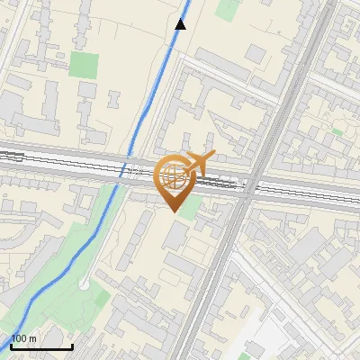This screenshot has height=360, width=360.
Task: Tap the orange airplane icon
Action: coord(196,163)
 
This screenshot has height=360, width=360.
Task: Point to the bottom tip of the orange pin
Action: coord(172,211)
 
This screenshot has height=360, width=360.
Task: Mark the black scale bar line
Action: coord(41,346)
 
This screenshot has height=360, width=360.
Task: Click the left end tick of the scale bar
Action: coord(11,345)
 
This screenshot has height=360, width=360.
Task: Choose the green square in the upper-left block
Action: coord(84,65)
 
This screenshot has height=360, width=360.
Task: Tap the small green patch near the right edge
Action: coord(337,131)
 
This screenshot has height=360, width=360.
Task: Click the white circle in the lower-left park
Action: coord(84,283)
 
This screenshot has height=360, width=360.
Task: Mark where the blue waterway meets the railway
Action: coord(127,171)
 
